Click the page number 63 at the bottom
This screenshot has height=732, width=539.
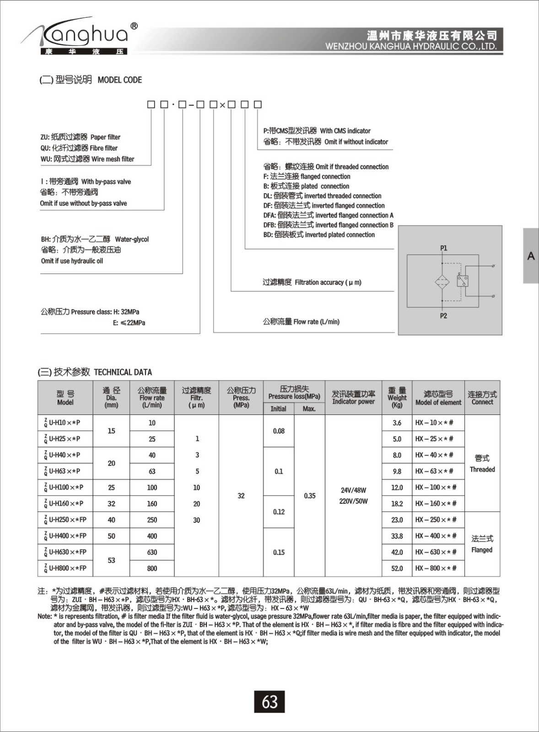(269, 701)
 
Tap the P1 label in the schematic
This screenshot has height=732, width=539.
(443, 248)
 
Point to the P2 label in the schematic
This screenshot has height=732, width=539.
(443, 316)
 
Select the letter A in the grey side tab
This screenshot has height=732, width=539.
(531, 256)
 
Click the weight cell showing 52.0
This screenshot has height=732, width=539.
(397, 568)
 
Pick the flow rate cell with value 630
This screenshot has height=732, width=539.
(152, 552)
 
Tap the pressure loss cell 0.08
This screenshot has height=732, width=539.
(279, 431)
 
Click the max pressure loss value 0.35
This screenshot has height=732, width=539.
(310, 495)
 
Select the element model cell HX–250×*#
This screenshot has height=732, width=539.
(436, 520)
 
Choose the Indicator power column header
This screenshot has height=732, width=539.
(353, 397)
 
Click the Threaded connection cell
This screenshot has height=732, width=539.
(482, 463)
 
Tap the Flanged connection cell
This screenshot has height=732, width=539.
(482, 544)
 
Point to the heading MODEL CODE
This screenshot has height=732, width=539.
(120, 80)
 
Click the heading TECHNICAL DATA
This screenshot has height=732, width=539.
(123, 372)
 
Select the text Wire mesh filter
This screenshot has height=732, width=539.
(113, 159)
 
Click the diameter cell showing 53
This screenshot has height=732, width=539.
(111, 560)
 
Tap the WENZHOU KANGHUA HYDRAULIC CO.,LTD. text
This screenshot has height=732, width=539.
(410, 47)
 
